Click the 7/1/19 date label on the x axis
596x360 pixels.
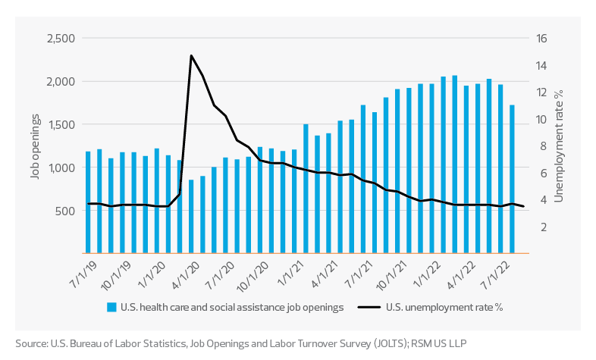coord(83,272)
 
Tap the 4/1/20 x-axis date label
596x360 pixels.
coord(185,272)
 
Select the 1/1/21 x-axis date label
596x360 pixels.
coord(287,272)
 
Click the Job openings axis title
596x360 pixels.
coord(35,146)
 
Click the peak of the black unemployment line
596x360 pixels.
coord(191,55)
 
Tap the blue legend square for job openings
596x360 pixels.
coord(111,308)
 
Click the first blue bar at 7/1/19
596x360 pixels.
coord(89,202)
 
